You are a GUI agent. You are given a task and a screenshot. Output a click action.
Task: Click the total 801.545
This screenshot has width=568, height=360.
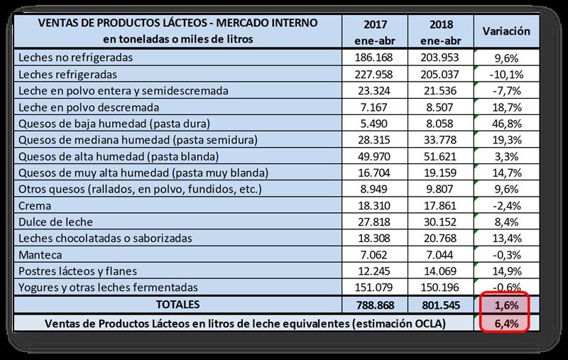442,305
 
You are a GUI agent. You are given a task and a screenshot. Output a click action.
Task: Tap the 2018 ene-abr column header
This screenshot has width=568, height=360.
442,31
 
